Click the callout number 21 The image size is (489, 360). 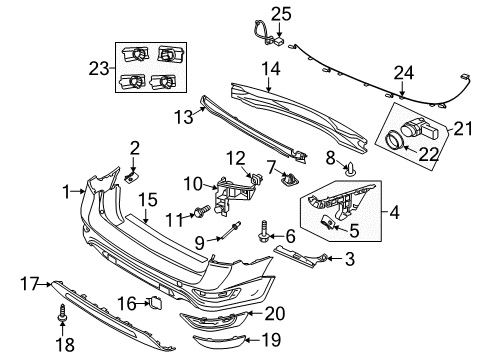tap(461, 129)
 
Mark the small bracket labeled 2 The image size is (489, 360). tap(131, 176)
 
